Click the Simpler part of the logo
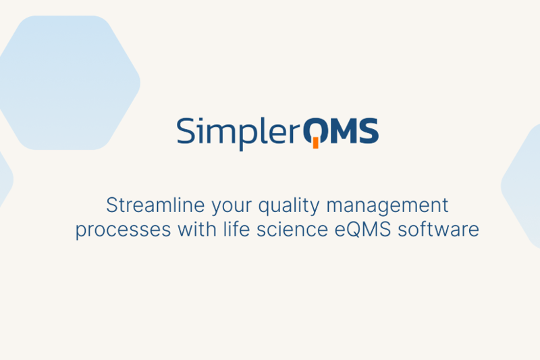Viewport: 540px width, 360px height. click(x=237, y=132)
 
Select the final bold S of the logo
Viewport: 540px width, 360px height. click(x=369, y=131)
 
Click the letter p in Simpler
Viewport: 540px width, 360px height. click(x=244, y=135)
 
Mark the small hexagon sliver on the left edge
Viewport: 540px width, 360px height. click(x=5, y=180)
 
